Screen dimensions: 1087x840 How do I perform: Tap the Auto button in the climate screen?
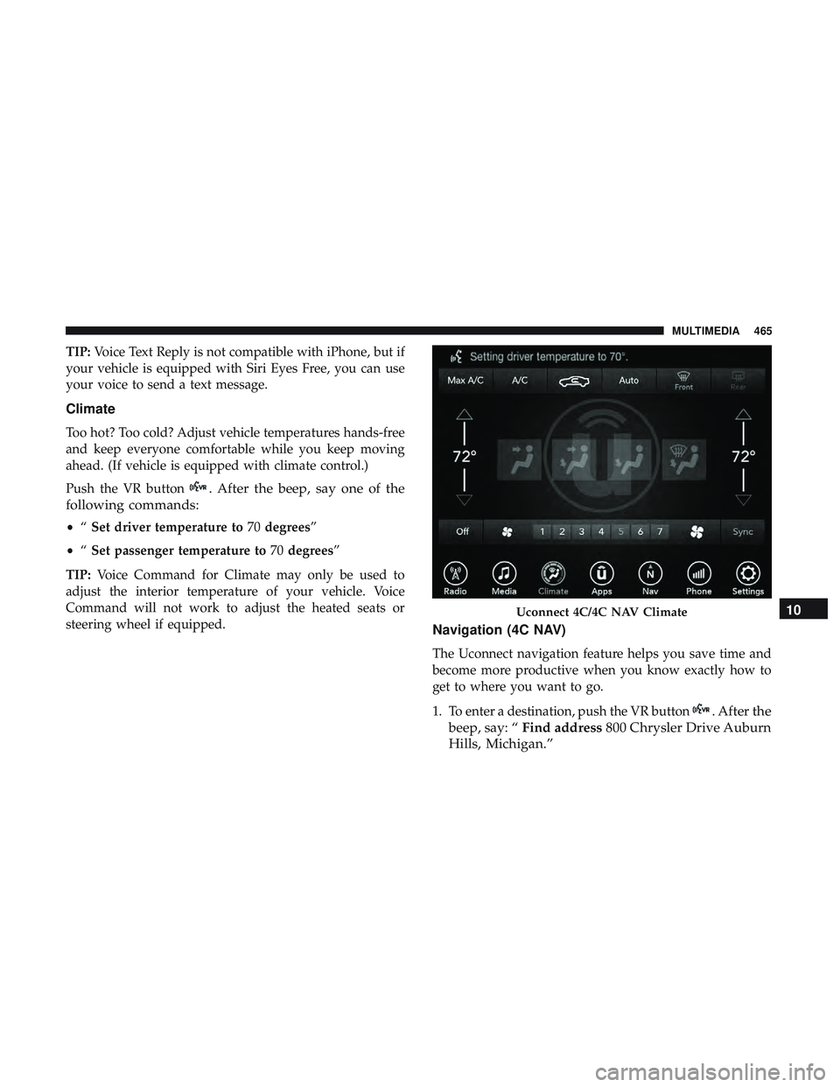(628, 381)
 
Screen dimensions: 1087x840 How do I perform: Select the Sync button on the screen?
(742, 531)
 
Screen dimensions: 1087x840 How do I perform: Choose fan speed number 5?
(620, 531)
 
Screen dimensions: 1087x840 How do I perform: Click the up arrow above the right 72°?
(743, 413)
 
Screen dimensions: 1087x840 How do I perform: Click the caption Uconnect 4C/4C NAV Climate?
(601, 612)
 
